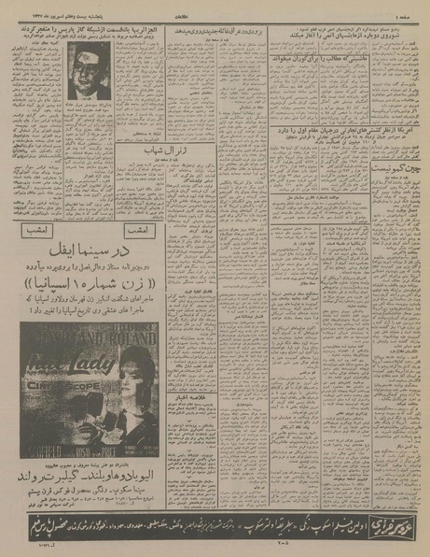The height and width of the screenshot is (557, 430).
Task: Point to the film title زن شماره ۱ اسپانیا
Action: (x=91, y=281)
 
